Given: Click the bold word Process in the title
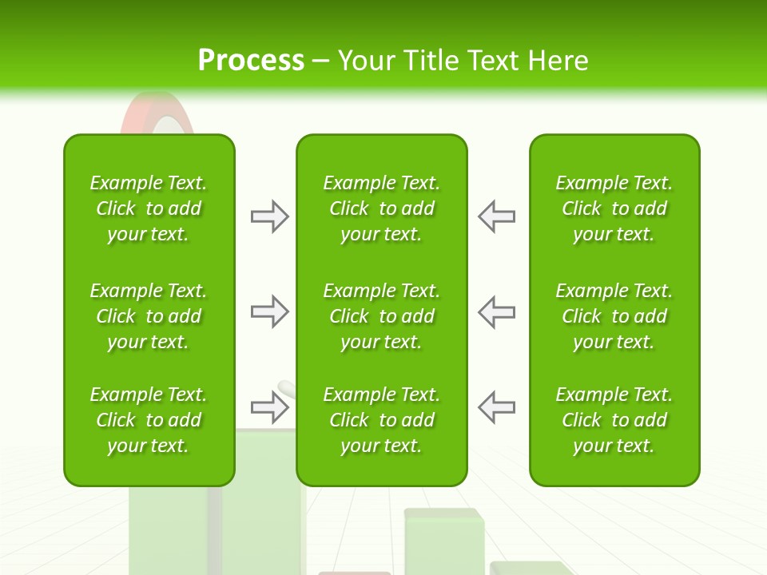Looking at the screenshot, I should pos(251,61).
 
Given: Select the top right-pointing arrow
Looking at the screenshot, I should pos(270,216).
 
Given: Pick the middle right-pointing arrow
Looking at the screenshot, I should pos(270,311).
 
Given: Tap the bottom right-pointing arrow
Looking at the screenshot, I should pos(270,408).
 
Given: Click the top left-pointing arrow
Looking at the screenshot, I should pos(496,216).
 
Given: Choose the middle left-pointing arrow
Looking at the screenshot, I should pos(496,311).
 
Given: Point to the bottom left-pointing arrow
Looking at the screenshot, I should pos(496,408).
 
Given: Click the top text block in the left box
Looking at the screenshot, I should pos(149,208).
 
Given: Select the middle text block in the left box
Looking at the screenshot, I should pos(149,316).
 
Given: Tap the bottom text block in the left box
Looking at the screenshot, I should pos(149,420).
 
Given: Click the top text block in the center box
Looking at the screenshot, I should pos(382,208).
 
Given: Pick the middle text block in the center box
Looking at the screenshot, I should pos(382,316).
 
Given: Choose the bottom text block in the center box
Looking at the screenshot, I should pos(382,420).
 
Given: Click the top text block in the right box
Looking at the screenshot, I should pos(614,208).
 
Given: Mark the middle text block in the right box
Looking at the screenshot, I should pos(614,316).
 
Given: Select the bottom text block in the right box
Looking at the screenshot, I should pos(614,420).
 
